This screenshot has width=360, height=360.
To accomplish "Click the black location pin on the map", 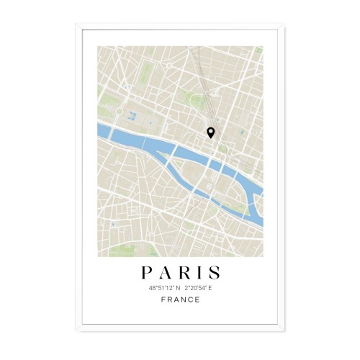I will click(x=210, y=132).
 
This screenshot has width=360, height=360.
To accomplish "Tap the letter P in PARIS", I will click(x=146, y=273).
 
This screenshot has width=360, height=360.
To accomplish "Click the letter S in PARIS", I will click(x=214, y=273).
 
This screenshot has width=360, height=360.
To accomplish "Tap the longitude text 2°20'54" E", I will click(x=198, y=287).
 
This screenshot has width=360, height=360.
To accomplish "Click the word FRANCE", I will click(x=180, y=300).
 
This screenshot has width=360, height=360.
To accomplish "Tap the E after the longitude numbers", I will click(x=211, y=287).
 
